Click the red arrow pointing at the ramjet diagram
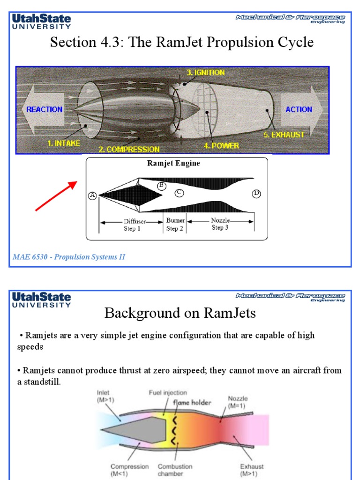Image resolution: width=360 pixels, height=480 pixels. tap(56, 196)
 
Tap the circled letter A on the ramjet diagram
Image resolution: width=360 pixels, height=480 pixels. tap(92, 196)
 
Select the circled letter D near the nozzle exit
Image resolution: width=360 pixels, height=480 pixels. tap(256, 193)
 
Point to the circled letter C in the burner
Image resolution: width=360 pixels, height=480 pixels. tap(179, 193)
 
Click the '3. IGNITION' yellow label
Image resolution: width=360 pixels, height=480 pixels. tap(206, 73)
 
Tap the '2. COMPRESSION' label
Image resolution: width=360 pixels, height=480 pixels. tap(129, 150)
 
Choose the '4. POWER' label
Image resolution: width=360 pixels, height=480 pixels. tap(221, 146)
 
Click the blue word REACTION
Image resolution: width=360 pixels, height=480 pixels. tap(45, 109)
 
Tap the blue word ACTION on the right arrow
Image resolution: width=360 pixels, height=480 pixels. tap(299, 109)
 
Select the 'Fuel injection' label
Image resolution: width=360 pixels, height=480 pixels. tap(168, 393)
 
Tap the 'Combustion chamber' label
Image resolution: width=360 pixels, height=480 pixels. tap(175, 470)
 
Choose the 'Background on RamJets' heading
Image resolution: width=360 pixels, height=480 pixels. tap(180, 313)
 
